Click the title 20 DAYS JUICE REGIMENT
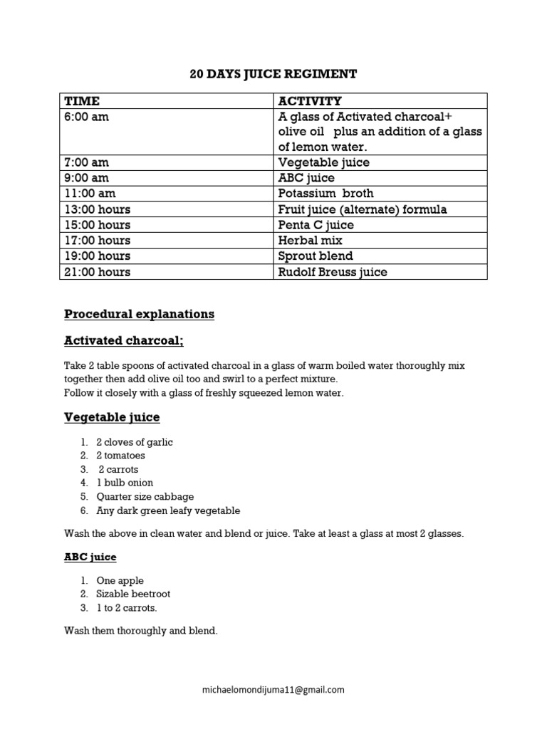point(273,74)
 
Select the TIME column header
point(82,101)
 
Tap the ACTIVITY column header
point(310,101)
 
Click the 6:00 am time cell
point(87,117)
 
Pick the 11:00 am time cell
point(90,194)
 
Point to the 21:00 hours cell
point(98,272)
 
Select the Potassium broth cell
point(325,194)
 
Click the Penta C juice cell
point(316,225)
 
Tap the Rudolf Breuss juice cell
point(333,272)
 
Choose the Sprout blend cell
point(316,256)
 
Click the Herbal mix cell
point(310,241)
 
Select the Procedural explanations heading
point(139,314)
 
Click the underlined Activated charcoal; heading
point(124,341)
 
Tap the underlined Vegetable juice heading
point(112,417)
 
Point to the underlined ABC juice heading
point(90,557)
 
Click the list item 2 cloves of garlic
point(135,442)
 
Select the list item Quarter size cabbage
point(145,497)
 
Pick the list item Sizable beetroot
point(133,594)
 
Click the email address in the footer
point(273,689)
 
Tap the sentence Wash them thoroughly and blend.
point(141,631)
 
